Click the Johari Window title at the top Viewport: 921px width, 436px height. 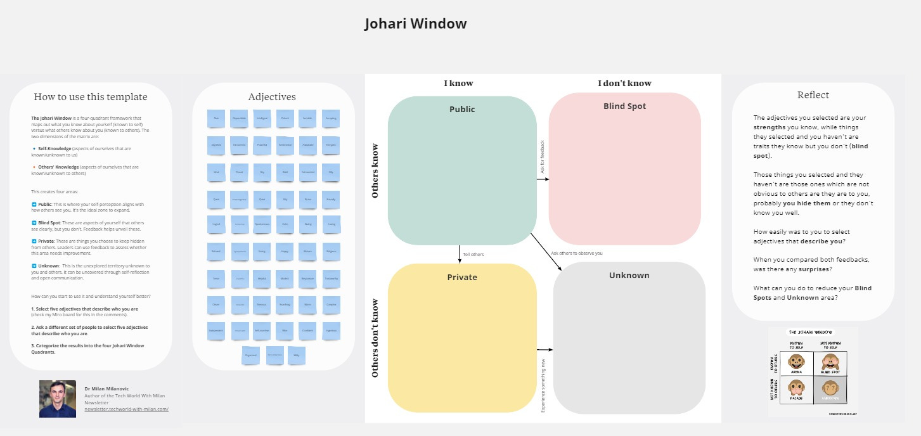[415, 24]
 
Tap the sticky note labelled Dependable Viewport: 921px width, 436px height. [239, 119]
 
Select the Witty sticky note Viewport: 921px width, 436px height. [296, 356]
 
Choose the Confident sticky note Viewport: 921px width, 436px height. [308, 330]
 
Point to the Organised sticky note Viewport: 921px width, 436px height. [251, 356]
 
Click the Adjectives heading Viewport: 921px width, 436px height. [272, 97]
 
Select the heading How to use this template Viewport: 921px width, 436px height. [90, 97]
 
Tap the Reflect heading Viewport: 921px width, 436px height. [813, 95]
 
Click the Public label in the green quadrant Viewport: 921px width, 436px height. [462, 109]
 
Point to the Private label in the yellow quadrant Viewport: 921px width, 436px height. [462, 277]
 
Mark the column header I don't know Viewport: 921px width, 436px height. [624, 83]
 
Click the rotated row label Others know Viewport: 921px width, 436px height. [375, 169]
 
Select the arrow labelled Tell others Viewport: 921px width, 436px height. [460, 253]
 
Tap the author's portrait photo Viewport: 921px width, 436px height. [57, 399]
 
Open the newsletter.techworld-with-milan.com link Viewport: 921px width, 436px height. [126, 409]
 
